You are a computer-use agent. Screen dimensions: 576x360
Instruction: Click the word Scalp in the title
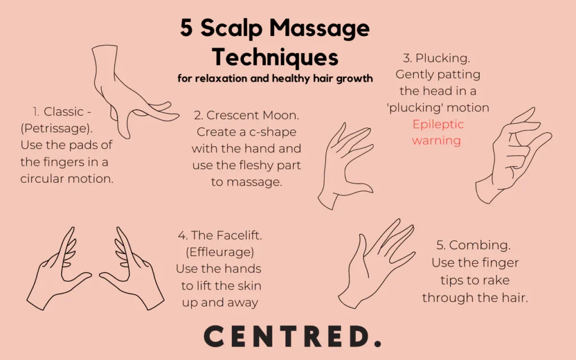click(231, 29)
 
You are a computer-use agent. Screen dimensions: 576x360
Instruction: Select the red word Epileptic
click(438, 124)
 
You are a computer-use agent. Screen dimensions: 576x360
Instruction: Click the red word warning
click(436, 141)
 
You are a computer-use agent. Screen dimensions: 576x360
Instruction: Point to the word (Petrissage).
click(57, 128)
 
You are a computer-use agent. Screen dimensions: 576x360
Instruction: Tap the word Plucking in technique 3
click(443, 58)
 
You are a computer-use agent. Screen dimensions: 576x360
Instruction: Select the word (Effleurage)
click(220, 252)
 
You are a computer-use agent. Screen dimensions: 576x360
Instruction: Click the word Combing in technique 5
click(480, 245)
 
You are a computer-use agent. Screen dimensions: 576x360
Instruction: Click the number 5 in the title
click(186, 28)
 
